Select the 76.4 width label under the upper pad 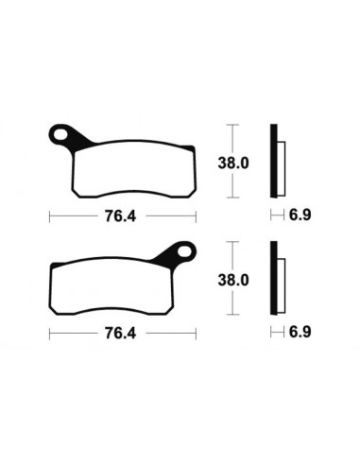click(x=122, y=215)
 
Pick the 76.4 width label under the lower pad click(x=122, y=334)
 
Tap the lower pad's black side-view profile click(x=275, y=279)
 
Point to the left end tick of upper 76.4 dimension click(x=49, y=215)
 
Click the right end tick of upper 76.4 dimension click(x=196, y=215)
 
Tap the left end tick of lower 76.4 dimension click(x=49, y=334)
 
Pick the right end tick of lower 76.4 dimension click(x=196, y=334)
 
